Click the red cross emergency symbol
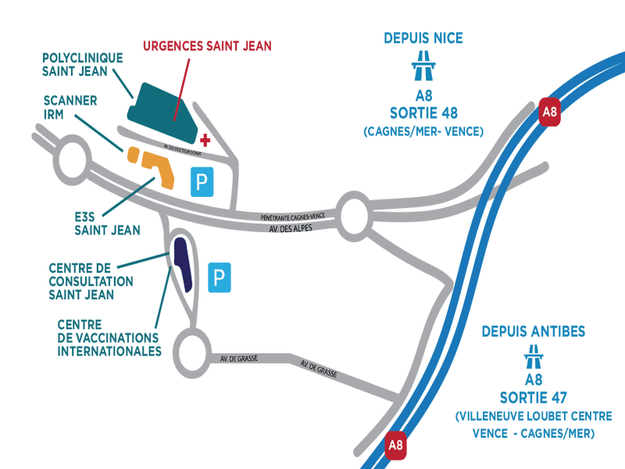[205, 140]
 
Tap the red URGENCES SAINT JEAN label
[207, 46]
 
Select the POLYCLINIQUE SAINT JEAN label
[83, 64]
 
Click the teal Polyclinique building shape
[165, 109]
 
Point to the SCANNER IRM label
[71, 107]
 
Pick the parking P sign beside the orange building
[202, 182]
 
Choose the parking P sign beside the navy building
[220, 277]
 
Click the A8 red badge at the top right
[551, 112]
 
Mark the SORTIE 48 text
[424, 113]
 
